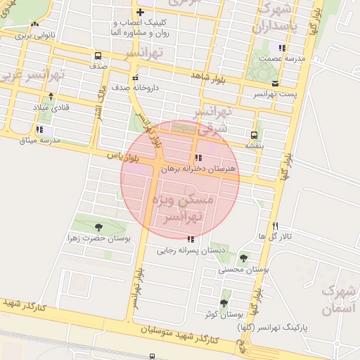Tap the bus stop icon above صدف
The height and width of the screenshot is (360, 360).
pos(97,55)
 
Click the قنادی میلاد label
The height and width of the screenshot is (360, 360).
pos(51,108)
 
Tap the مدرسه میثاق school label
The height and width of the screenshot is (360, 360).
pos(41,140)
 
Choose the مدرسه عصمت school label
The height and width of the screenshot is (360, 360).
pos(283,59)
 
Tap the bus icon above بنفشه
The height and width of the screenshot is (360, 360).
pos(254,134)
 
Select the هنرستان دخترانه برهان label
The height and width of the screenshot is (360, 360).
pos(198,169)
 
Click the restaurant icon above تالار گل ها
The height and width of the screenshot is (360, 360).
pos(275,226)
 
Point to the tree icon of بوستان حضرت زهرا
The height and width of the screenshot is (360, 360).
pos(98,226)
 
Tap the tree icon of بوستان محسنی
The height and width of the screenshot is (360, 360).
pos(243,258)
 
